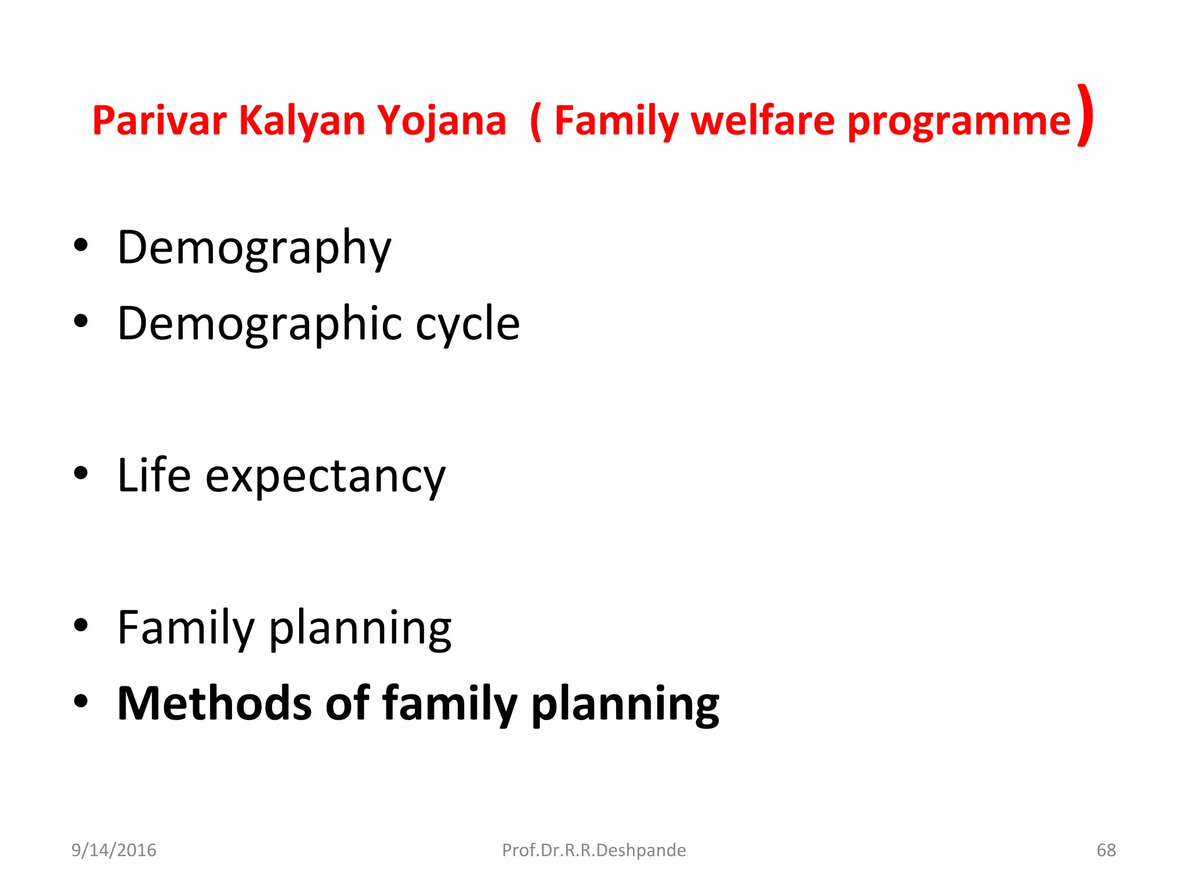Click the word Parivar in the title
159,121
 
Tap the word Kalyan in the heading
302,121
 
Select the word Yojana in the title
441,121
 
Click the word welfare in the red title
763,121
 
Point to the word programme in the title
958,121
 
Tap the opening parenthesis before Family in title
536,121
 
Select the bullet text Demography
254,247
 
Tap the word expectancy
325,476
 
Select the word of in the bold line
347,703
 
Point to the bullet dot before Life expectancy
81,473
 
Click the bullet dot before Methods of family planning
81,701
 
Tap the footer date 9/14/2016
114,850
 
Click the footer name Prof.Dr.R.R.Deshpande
593,850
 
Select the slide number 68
1106,850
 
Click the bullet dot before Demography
81,245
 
